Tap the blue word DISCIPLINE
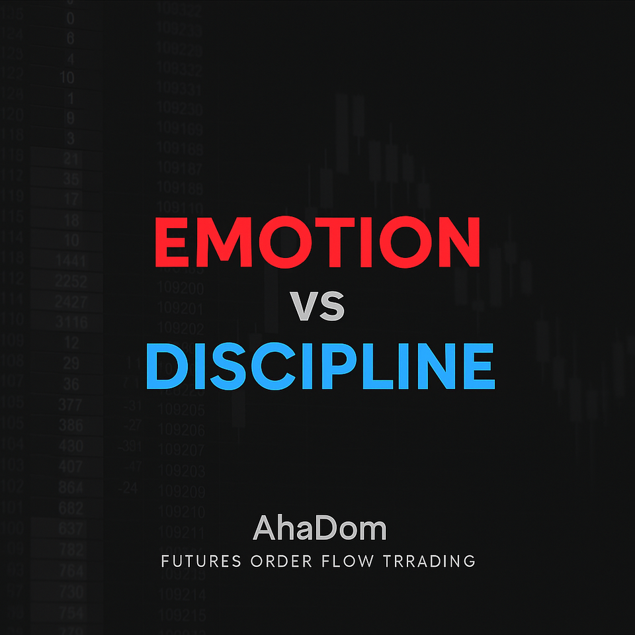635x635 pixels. tap(319, 366)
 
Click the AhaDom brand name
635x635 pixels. tap(319, 529)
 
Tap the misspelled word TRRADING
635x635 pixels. tap(429, 562)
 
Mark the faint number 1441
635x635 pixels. tap(71, 260)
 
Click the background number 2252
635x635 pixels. tap(71, 281)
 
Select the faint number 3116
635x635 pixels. tap(71, 322)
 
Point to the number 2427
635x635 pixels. tap(71, 302)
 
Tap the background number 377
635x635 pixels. tap(71, 404)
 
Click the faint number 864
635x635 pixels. tap(71, 487)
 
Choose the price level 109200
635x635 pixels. tap(181, 289)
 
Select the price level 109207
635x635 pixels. tap(181, 451)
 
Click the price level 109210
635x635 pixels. tap(181, 511)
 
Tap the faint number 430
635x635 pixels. tap(71, 446)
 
